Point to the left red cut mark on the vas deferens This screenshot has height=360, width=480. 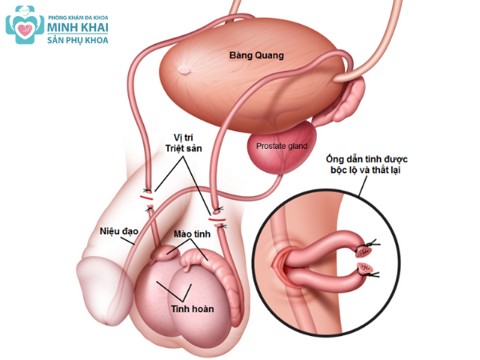146,194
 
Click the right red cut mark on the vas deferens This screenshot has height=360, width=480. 216,217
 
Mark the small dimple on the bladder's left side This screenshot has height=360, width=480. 185,68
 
